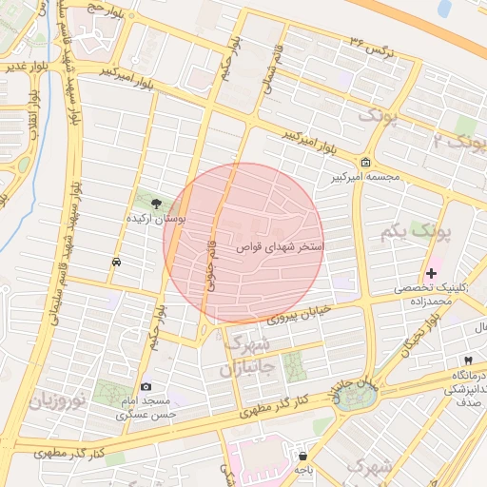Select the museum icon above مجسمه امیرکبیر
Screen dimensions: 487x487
(x=367, y=162)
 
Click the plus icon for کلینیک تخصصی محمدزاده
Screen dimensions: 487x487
(x=432, y=273)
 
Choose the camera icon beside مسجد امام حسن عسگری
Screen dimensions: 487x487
(x=146, y=386)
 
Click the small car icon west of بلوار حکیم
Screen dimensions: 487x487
(x=116, y=261)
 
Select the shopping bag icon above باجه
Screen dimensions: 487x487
(x=302, y=455)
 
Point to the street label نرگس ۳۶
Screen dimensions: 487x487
(x=372, y=44)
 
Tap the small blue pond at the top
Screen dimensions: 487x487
(x=444, y=10)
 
